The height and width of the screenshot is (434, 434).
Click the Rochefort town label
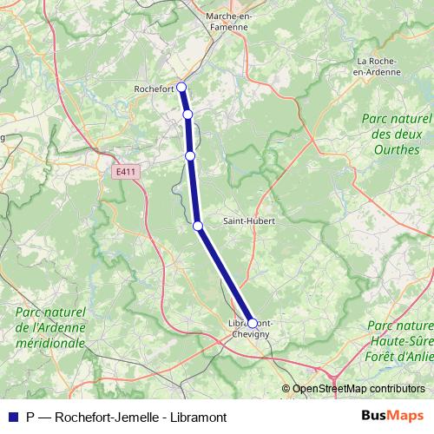(x=154, y=89)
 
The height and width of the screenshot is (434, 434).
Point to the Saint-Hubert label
(x=249, y=220)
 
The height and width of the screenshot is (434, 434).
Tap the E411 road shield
(x=126, y=172)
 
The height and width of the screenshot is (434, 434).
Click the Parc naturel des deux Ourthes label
(x=397, y=134)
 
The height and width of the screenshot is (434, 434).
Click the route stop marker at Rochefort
(x=181, y=86)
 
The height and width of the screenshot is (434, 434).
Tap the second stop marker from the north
(x=187, y=114)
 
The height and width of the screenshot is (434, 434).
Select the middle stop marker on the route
(x=190, y=155)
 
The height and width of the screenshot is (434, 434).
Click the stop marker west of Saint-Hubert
(x=198, y=226)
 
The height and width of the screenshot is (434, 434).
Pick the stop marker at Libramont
(x=253, y=323)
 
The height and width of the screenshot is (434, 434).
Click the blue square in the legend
(x=11, y=417)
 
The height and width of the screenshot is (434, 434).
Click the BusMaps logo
(x=391, y=417)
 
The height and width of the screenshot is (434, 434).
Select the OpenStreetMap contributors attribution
(x=358, y=389)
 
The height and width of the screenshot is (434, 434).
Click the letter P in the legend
(x=31, y=417)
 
